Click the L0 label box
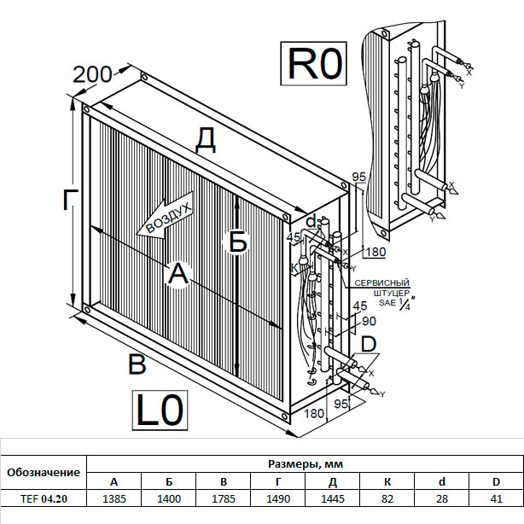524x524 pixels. [x=160, y=410]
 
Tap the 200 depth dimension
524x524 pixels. [x=92, y=74]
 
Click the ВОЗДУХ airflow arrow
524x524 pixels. [x=166, y=217]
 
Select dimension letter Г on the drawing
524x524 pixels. [x=72, y=201]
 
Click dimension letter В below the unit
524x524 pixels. [x=137, y=364]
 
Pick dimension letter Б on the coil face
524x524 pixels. [x=238, y=242]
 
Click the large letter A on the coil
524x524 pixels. [x=177, y=273]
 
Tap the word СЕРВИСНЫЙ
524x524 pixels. [x=382, y=282]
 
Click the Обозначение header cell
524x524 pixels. [x=44, y=472]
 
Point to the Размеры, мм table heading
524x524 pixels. [x=305, y=463]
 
